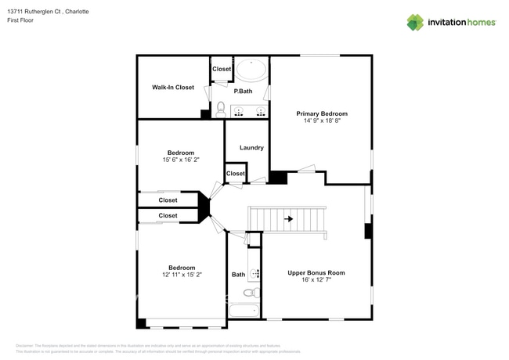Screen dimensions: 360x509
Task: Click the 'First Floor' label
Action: pyautogui.click(x=21, y=20)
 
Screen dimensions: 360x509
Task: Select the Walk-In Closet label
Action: pyautogui.click(x=172, y=88)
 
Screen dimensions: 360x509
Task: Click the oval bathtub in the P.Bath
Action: pyautogui.click(x=251, y=70)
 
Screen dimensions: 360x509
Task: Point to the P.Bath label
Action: pyautogui.click(x=243, y=92)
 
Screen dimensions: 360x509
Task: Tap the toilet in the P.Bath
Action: pyautogui.click(x=221, y=109)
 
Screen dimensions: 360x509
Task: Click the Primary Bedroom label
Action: pyautogui.click(x=321, y=114)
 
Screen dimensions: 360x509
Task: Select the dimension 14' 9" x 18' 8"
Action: pyautogui.click(x=321, y=122)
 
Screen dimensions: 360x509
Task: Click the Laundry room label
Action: pyautogui.click(x=251, y=147)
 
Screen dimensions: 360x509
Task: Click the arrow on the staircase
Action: pyautogui.click(x=288, y=219)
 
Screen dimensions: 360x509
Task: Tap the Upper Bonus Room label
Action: pyautogui.click(x=316, y=273)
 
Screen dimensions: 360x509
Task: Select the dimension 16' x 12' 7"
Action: pyautogui.click(x=316, y=281)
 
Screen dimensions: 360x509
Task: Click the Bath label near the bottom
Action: pyautogui.click(x=238, y=275)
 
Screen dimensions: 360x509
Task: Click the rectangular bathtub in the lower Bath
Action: pyautogui.click(x=244, y=311)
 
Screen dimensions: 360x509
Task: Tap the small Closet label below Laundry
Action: pyautogui.click(x=235, y=174)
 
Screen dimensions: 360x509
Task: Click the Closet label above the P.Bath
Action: pyautogui.click(x=222, y=69)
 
